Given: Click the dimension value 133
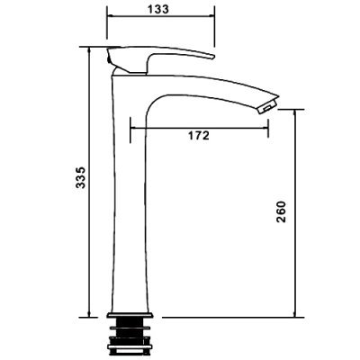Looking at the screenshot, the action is coord(158,9).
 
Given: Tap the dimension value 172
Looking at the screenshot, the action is coord(199,136).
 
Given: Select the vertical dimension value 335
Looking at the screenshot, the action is coord(80,177).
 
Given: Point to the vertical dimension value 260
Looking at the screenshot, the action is coord(281,211).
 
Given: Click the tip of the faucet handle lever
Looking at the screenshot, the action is coord(213,57).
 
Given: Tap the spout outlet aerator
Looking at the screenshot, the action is coord(267,107).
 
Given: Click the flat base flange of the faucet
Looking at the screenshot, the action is coord(130,315).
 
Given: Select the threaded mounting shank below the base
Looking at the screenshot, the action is coord(130,333).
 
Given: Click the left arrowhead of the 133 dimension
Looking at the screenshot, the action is coord(111,15).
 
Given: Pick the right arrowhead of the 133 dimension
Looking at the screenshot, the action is coord(211,15).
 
